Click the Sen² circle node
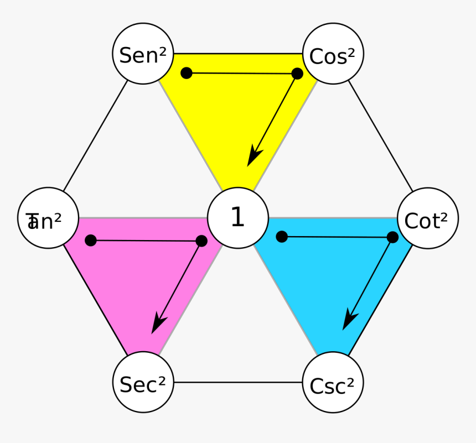click(143, 54)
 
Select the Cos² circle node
click(333, 54)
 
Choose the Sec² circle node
click(143, 382)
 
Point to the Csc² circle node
click(333, 383)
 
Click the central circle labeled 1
click(238, 218)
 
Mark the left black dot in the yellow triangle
click(187, 72)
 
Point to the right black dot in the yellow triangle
click(297, 74)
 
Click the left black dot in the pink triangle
click(91, 240)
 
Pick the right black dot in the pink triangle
click(201, 241)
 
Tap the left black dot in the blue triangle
click(282, 237)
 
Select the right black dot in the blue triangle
click(392, 237)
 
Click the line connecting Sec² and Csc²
click(238, 382)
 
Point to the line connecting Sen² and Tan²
click(95, 136)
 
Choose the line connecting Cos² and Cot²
click(381, 136)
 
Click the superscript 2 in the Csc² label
click(351, 382)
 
